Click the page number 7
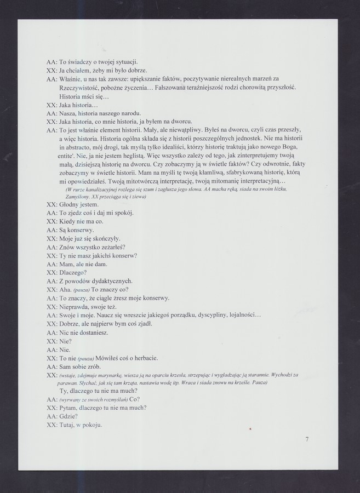pyautogui.click(x=307, y=439)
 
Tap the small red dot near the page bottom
pyautogui.click(x=250, y=431)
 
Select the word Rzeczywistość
pyautogui.click(x=81, y=88)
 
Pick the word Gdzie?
pyautogui.click(x=69, y=416)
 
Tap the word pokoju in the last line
pyautogui.click(x=93, y=425)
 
